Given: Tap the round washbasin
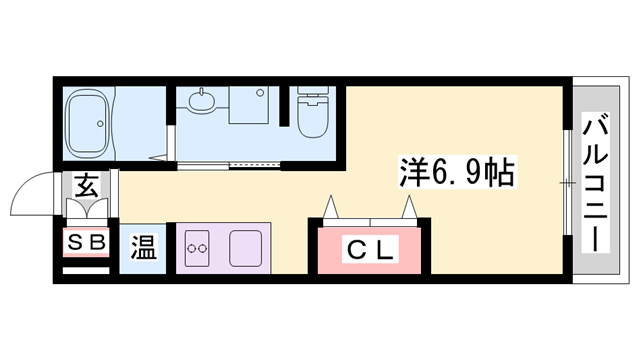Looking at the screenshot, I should (x=201, y=103).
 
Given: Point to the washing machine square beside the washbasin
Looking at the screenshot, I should (x=247, y=105).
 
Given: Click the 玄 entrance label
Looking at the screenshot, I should (x=85, y=186).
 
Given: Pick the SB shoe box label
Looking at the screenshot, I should (x=85, y=241).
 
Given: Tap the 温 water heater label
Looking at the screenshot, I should (x=144, y=248).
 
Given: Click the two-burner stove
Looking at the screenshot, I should (x=196, y=246).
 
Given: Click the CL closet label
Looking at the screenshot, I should (x=371, y=248).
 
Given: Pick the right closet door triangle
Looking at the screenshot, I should (x=410, y=208).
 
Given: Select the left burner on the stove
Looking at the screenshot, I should (x=190, y=246).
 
